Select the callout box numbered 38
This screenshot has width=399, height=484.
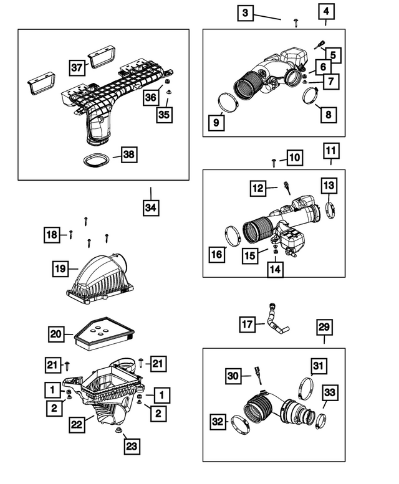129,155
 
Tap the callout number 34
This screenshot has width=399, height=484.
150,208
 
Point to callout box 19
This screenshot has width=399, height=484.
60,268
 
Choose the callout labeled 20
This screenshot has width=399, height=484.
57,335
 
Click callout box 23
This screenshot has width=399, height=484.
132,445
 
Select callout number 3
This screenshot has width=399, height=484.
246,12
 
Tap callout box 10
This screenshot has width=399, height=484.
294,158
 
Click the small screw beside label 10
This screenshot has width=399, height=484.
275,162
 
